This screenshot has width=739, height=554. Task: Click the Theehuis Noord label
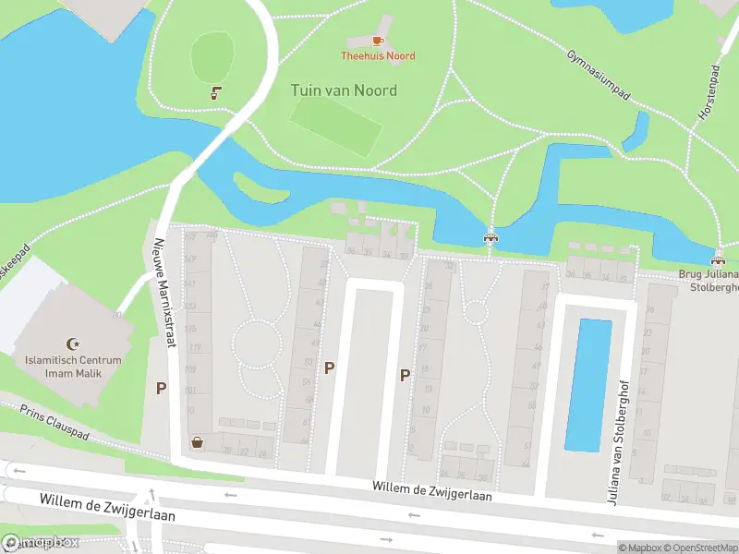379,56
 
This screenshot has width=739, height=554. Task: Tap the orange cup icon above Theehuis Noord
378,41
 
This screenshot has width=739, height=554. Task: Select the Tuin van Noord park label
344,90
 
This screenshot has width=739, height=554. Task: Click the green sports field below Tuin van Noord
335,127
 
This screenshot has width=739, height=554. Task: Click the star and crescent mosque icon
75,343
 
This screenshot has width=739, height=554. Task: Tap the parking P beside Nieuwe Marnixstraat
161,389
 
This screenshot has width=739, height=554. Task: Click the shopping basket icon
197,442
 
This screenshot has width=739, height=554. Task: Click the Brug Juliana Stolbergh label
709,281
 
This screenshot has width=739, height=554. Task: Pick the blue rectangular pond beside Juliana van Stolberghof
588,384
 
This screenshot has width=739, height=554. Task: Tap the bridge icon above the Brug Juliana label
719,258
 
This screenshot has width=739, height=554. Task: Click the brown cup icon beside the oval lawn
216,92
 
